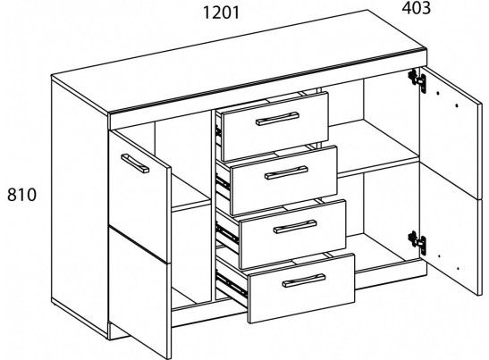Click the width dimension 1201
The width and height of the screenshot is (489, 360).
pos(221,13)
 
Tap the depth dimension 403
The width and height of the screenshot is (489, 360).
pos(416,8)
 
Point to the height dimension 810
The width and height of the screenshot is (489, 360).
pos(21,195)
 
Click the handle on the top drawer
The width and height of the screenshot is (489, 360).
pos(277,118)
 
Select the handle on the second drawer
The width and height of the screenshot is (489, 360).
pos(286,172)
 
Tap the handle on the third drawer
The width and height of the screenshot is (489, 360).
pos(295,226)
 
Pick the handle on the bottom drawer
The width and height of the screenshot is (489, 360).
pos(304,280)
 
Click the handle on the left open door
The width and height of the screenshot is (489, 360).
pos(135,163)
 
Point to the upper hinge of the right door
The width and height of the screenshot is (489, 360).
pos(417,80)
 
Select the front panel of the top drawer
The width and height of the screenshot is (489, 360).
pos(274,126)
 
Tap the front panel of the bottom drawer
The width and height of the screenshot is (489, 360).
pos(301,288)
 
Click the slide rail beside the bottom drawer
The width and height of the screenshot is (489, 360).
pos(232,285)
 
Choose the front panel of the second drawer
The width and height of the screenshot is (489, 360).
pos(283,180)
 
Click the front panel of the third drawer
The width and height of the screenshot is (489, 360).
pos(292,234)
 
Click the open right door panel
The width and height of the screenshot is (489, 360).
pos(451,180)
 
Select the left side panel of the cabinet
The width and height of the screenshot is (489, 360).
pos(80,205)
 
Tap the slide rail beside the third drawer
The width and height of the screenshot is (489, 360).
pos(228,233)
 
